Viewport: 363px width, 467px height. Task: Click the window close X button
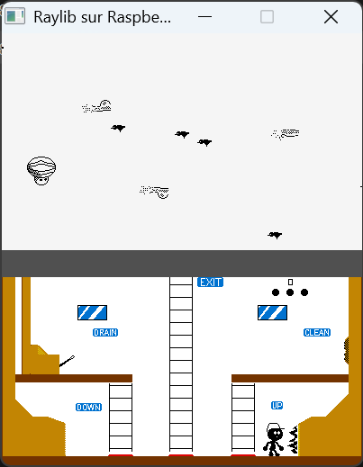coord(331,16)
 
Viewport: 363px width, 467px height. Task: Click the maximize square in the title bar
coord(267,16)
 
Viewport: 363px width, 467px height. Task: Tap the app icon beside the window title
coord(14,17)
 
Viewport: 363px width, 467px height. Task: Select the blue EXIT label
coord(210,283)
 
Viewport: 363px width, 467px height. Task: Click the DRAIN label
coord(105,333)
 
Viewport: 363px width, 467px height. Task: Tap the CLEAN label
coord(317,333)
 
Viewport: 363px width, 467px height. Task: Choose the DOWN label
coord(88,407)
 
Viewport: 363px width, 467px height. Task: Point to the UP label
coord(277,406)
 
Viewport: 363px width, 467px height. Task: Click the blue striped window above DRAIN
coord(92,313)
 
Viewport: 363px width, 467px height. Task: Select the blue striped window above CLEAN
coord(272,313)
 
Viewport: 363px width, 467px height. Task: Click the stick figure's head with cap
coord(275,431)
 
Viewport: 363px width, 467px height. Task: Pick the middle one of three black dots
coord(290,292)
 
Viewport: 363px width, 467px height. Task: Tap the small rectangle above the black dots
coord(290,283)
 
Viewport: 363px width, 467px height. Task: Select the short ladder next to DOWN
coord(121,418)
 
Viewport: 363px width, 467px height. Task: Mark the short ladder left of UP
coord(243,418)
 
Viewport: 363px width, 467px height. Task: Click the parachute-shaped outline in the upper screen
coord(41,171)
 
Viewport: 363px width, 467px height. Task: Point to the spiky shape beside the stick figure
coord(294,439)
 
